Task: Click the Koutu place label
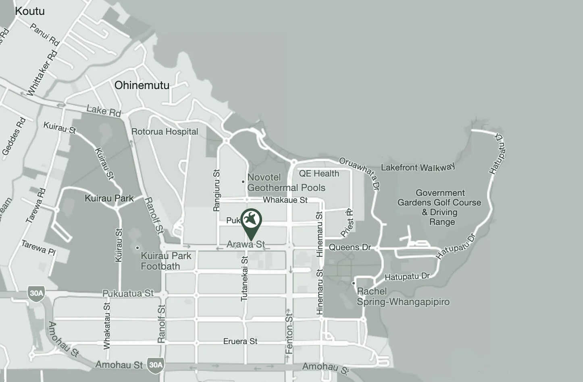(x=30, y=11)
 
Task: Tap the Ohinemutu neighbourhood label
(x=142, y=85)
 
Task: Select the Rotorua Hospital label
(x=164, y=131)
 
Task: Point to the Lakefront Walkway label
(x=418, y=167)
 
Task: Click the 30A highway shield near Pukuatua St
(x=36, y=293)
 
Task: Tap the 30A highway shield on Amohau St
(x=156, y=365)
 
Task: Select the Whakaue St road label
(x=285, y=200)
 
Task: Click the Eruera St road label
(x=240, y=341)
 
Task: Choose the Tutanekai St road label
(x=244, y=278)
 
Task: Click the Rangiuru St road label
(x=217, y=190)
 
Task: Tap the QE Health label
(x=319, y=174)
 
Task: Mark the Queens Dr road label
(x=350, y=247)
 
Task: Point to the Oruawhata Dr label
(x=360, y=172)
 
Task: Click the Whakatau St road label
(x=106, y=326)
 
